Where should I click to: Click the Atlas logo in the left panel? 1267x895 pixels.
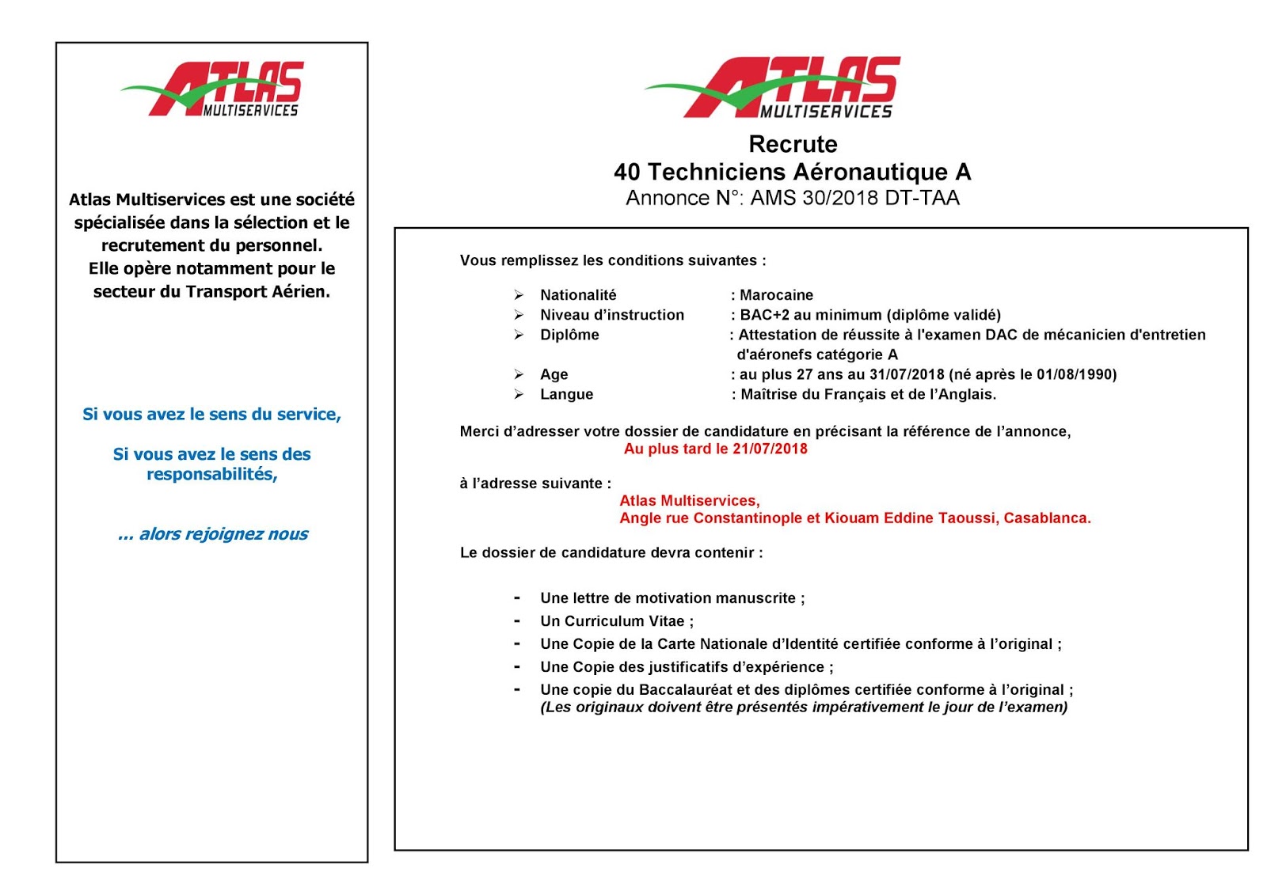[212, 89]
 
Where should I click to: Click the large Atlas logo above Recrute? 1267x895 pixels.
[773, 88]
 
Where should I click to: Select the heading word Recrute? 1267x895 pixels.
[793, 144]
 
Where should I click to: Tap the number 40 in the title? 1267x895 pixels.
[626, 172]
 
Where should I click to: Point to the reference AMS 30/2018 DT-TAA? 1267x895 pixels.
[854, 198]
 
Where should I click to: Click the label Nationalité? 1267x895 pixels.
[578, 295]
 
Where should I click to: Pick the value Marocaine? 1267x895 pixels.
[776, 295]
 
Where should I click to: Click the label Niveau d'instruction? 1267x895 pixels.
[612, 315]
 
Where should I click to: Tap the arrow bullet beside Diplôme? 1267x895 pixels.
[519, 335]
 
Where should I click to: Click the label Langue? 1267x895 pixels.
[566, 394]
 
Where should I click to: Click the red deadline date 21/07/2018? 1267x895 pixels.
[770, 449]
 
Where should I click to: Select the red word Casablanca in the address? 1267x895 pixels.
[1046, 518]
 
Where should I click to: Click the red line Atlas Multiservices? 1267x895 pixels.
[689, 501]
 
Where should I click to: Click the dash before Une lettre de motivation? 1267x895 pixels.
[517, 598]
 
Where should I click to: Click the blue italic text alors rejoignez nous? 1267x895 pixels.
[223, 534]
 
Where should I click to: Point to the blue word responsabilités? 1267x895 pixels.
[211, 474]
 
